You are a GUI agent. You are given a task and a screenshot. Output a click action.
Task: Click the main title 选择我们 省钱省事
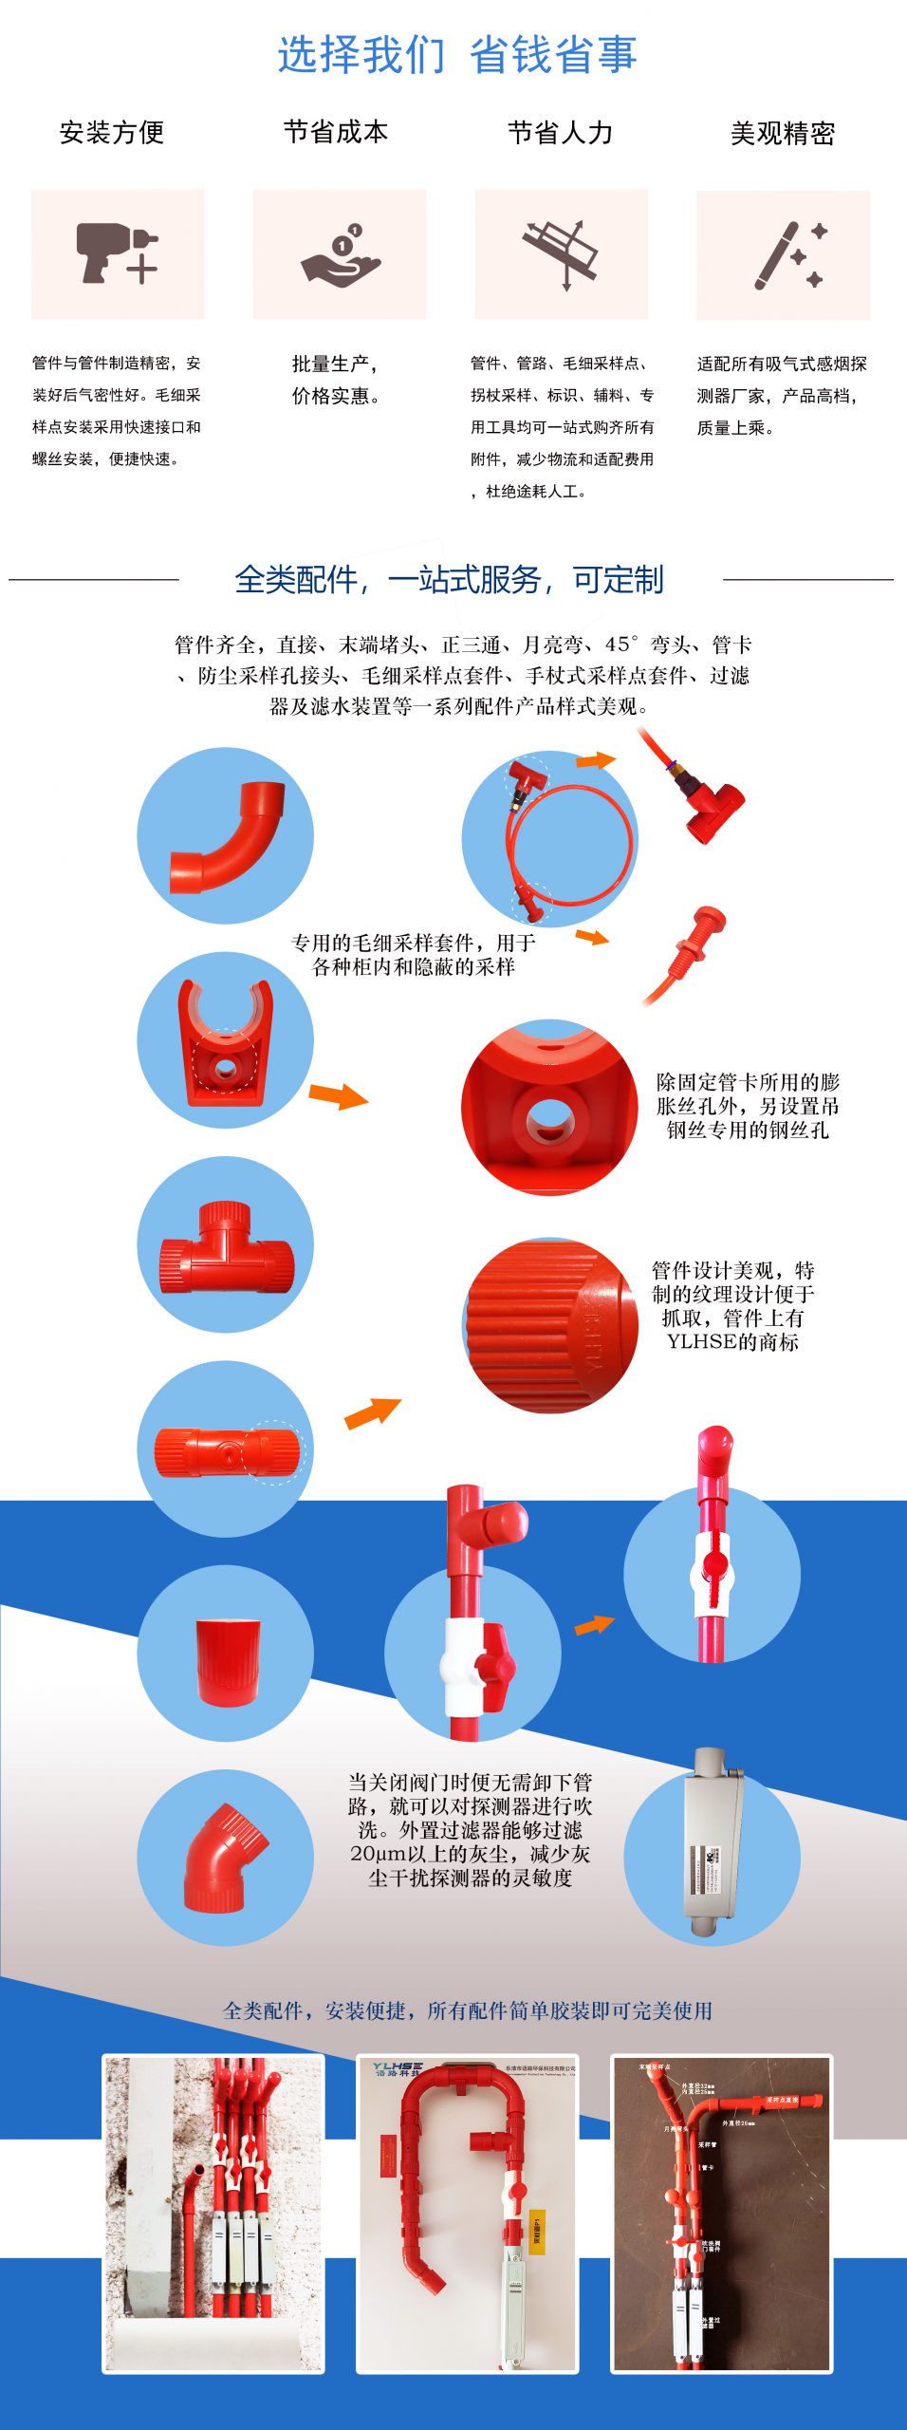(x=456, y=54)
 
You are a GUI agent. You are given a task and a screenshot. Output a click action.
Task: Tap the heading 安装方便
(x=112, y=132)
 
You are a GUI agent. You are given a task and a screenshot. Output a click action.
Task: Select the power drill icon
(x=116, y=253)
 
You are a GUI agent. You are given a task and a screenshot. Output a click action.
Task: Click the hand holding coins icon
(x=340, y=254)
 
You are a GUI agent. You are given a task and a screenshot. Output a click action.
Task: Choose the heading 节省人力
(x=560, y=132)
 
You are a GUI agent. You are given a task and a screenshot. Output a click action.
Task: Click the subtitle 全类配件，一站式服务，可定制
(x=449, y=579)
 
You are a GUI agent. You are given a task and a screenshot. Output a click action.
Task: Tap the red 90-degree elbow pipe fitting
(x=227, y=836)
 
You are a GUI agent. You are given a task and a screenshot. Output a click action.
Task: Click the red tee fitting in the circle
(x=226, y=1246)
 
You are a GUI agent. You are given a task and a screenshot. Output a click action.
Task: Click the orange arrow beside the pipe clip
(x=338, y=1096)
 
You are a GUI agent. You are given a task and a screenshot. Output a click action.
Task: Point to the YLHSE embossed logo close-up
(x=551, y=1323)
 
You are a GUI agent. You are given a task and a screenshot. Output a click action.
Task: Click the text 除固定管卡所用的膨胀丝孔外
(x=747, y=1082)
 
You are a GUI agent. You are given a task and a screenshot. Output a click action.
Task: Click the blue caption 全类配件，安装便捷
(x=467, y=2010)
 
